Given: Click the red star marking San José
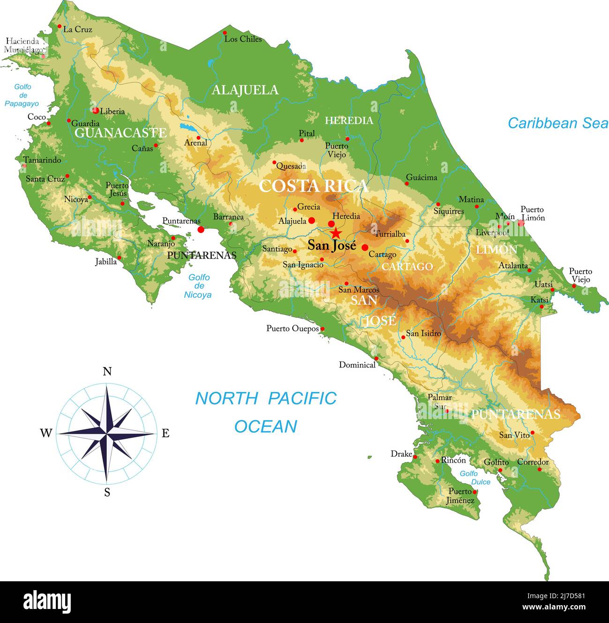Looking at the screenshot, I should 335,233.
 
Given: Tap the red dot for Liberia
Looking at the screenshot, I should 96,111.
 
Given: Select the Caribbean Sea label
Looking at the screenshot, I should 557,123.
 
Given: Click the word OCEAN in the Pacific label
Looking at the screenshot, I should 266,427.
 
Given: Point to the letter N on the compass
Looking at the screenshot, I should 107,372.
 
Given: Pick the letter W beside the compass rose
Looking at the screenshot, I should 45,433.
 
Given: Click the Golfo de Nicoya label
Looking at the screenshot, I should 199,286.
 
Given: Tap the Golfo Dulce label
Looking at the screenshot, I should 474,478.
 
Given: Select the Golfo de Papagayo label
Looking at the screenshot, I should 22,95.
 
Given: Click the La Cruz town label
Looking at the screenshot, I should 78,29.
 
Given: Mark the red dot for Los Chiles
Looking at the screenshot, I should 225,33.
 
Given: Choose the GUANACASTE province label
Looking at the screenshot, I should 120,133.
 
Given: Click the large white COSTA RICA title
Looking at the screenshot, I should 313,186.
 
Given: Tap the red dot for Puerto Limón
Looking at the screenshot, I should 521,224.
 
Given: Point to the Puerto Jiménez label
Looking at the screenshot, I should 461,496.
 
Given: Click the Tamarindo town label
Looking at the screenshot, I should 43,160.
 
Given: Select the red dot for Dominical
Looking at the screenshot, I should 376,358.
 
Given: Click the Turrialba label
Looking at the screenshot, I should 390,234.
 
